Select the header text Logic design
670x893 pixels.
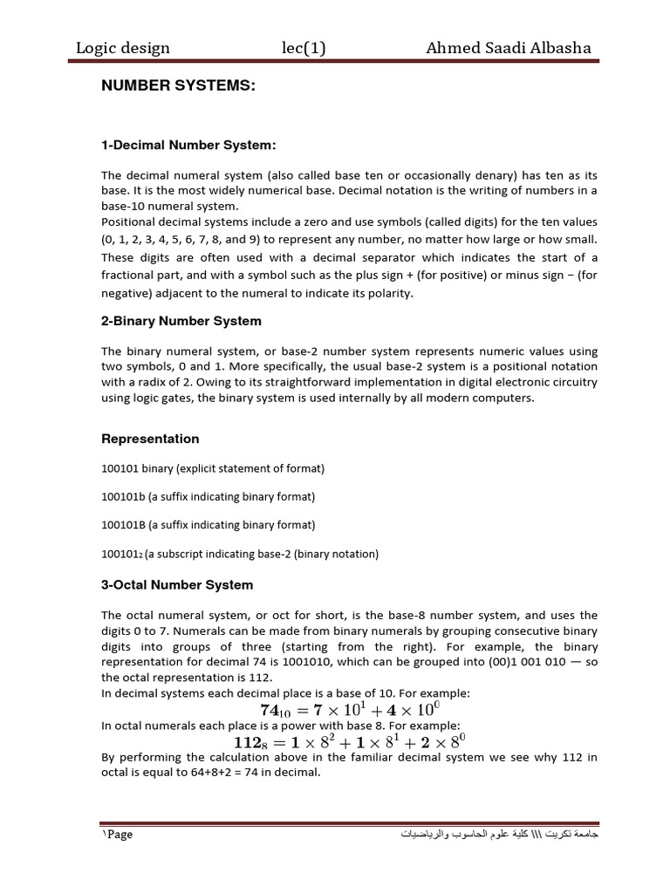[123, 48]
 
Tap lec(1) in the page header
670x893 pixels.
[303, 48]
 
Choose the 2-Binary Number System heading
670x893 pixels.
[181, 321]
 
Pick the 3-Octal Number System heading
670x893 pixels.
[177, 584]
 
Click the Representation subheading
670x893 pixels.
[150, 439]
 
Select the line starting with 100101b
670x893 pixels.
[208, 497]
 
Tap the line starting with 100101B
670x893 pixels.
[208, 525]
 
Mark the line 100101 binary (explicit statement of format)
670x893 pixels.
[213, 468]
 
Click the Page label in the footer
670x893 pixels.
[119, 835]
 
